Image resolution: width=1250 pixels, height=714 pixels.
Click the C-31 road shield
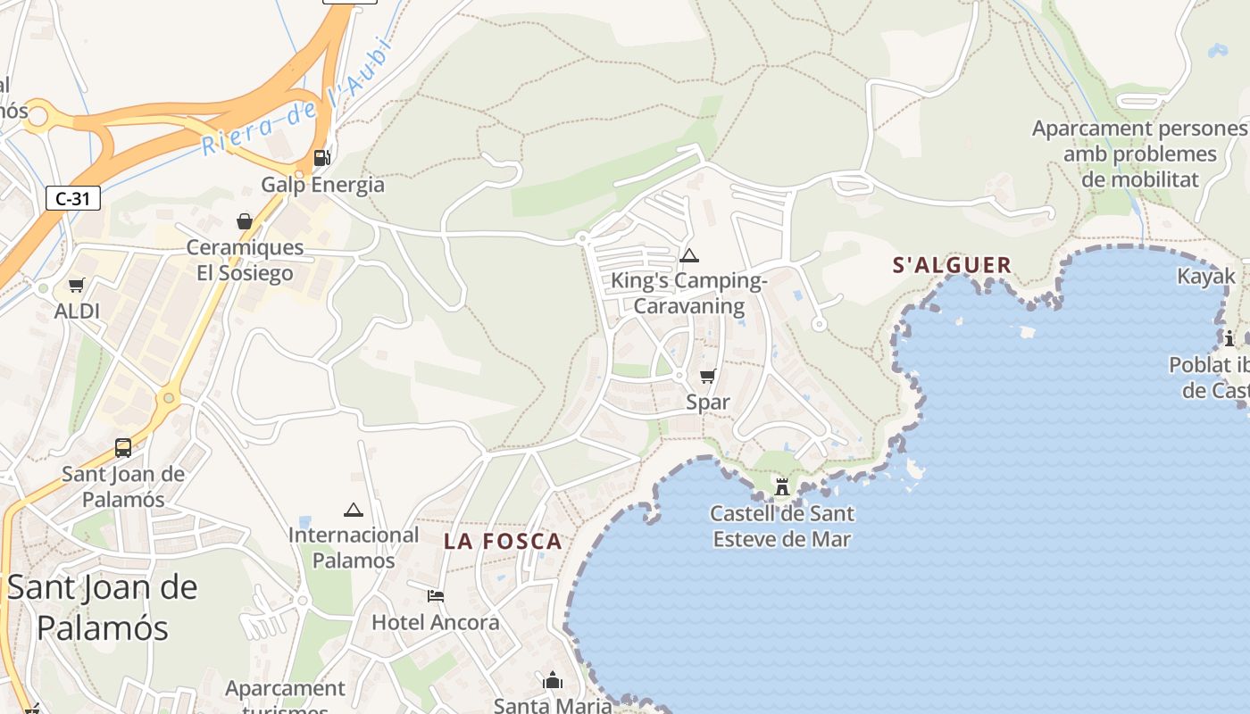coord(72,198)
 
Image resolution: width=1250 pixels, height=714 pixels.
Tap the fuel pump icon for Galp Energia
coord(321,158)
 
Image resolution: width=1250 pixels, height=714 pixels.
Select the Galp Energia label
coord(322,185)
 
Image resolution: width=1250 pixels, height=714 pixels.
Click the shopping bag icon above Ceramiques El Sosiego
coord(244,220)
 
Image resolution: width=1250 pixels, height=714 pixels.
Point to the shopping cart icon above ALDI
coord(77,285)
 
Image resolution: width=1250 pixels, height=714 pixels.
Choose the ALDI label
coord(77,311)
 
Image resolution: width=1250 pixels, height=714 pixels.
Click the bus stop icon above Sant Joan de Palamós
coord(123,447)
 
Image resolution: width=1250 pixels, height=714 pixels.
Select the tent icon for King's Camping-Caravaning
coord(688,256)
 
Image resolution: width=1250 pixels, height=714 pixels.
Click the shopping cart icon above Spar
coord(708,376)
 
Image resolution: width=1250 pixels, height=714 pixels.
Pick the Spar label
coord(708,402)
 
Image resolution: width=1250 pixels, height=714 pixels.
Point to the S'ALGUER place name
coord(952,265)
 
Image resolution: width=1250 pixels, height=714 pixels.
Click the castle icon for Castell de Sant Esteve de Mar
coord(782,486)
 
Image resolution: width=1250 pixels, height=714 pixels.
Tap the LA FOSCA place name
coord(503,541)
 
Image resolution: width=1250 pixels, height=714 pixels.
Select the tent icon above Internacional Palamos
coord(354,511)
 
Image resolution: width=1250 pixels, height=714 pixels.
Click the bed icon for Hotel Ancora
coord(436,595)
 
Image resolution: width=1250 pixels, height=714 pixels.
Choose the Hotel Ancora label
coord(436,622)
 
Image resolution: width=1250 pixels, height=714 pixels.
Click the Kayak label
coord(1205,276)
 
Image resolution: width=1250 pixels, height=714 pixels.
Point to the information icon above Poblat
coord(1229,338)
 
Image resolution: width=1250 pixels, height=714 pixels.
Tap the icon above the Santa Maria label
coord(553,681)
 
